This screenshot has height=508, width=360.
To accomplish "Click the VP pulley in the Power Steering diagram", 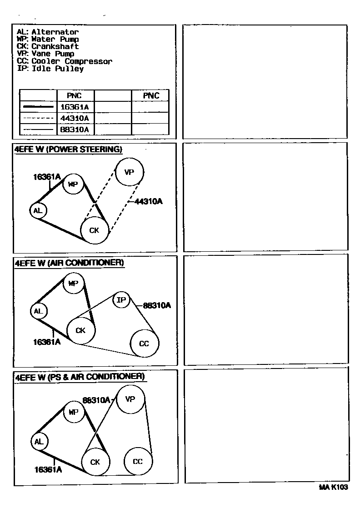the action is point(130,172).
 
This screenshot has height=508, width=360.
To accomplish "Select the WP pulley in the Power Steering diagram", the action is point(73,184).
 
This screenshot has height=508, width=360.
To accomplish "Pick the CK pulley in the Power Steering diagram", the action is point(95,230).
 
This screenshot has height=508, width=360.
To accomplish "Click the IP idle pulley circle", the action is point(121,300).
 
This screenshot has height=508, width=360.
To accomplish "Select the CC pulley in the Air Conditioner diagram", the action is point(144,344).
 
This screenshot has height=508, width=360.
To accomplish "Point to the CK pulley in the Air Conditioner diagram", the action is point(81,330).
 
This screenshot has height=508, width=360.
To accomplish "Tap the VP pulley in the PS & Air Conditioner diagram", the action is point(130,399).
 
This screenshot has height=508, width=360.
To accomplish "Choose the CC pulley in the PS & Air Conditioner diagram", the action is point(138,462).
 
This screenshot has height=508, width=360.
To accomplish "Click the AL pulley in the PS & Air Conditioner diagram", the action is point(39,441).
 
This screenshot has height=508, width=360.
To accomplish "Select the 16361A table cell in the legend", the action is point(75,107).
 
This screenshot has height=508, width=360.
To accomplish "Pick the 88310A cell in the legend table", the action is point(75,130).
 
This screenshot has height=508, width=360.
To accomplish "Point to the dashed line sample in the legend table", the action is point(38,118).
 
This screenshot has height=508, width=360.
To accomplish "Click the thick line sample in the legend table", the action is point(38,107).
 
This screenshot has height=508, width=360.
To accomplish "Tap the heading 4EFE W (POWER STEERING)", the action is point(69,149).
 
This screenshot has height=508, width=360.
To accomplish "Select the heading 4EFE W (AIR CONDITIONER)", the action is point(69,263).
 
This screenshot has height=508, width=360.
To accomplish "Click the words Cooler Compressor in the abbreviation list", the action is point(72,61).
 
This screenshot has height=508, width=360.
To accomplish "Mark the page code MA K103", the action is point(333,488).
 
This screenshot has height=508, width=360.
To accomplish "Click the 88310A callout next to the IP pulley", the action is point(157,306).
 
